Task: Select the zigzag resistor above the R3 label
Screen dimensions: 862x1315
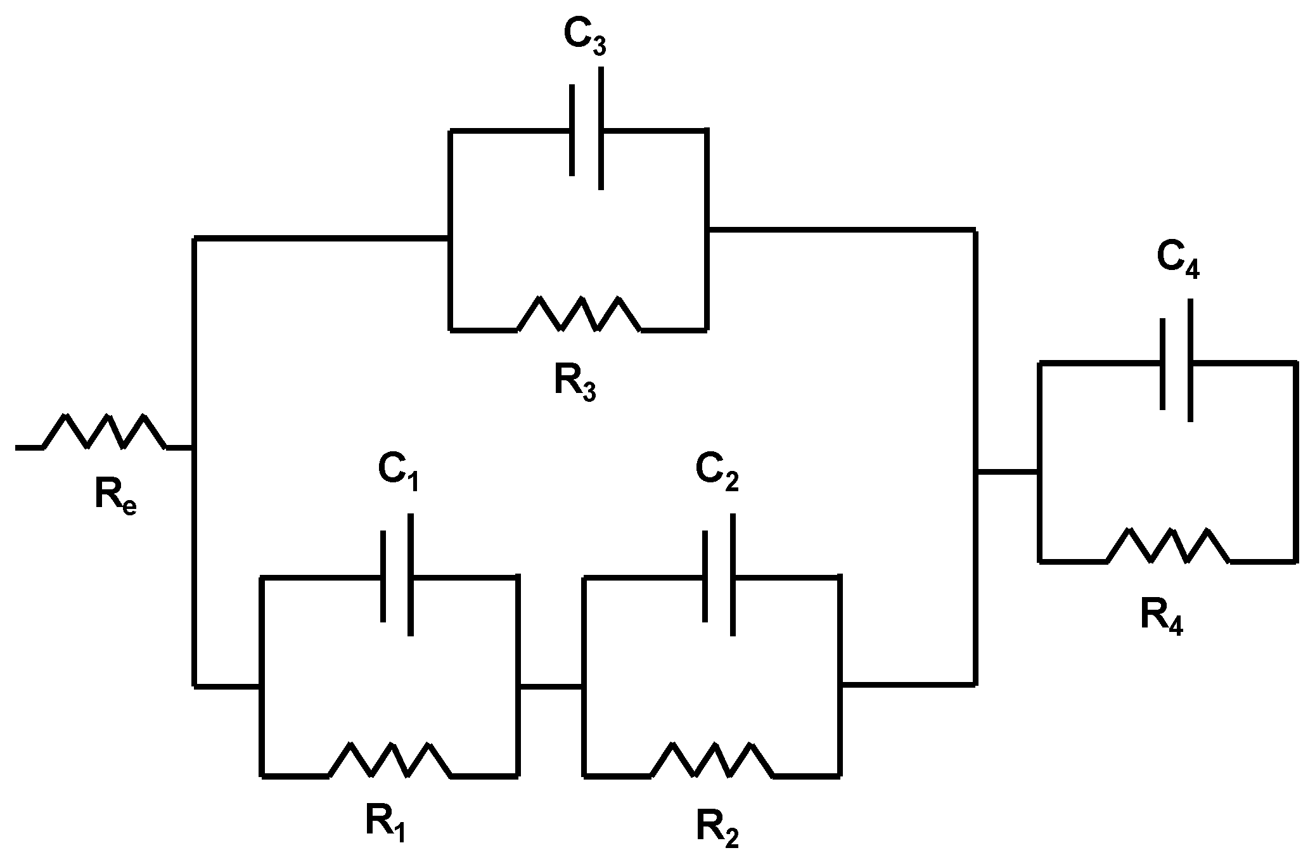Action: (x=579, y=314)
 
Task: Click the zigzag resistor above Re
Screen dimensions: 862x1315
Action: (x=105, y=432)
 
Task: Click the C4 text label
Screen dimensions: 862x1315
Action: (x=1177, y=261)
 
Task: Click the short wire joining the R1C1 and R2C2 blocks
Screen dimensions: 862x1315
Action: (x=550, y=686)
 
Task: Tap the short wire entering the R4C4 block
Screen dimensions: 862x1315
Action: (x=1007, y=472)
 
